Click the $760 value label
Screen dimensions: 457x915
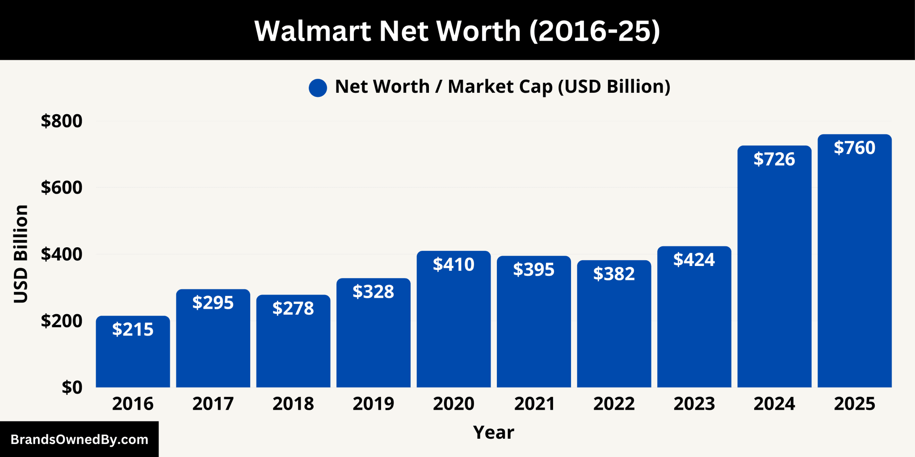(x=854, y=148)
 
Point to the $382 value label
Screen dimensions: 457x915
(x=614, y=274)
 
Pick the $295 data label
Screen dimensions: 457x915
(x=213, y=303)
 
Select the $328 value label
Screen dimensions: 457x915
(x=374, y=292)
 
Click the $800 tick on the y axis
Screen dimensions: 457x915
(x=62, y=121)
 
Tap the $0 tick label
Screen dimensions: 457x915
(x=72, y=387)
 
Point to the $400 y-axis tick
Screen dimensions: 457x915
(x=62, y=254)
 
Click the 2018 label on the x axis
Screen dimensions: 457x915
(x=293, y=404)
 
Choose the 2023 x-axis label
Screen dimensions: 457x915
(x=694, y=404)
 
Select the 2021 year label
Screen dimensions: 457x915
(x=534, y=404)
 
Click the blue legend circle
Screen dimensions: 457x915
(x=318, y=87)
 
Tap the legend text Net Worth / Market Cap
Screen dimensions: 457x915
(x=502, y=87)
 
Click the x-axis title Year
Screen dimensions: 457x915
(x=493, y=432)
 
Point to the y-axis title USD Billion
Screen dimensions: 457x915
(x=21, y=254)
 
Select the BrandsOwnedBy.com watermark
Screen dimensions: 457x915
(x=79, y=440)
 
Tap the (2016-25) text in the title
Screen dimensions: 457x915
(x=594, y=31)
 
